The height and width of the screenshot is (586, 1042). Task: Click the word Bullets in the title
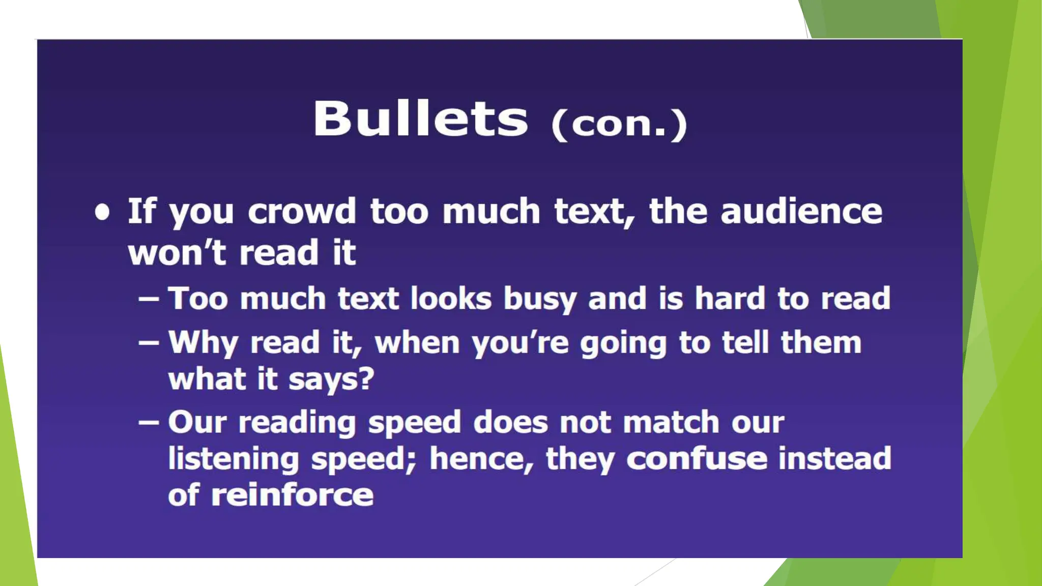click(420, 119)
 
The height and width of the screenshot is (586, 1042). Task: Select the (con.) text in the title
click(619, 124)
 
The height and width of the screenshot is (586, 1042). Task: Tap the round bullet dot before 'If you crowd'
click(102, 212)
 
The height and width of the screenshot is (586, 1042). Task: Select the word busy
click(539, 299)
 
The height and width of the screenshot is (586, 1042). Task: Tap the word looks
click(451, 298)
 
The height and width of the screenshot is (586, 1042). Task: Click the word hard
click(730, 298)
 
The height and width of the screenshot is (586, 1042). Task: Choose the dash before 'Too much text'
click(149, 299)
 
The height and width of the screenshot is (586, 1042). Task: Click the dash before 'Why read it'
click(149, 342)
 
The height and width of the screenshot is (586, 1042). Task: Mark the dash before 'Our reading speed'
click(149, 422)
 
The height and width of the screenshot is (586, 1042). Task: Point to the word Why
click(203, 343)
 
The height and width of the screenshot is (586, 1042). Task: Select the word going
click(623, 344)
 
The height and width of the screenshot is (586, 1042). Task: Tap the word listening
click(234, 459)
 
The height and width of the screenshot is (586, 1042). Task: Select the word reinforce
click(292, 495)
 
